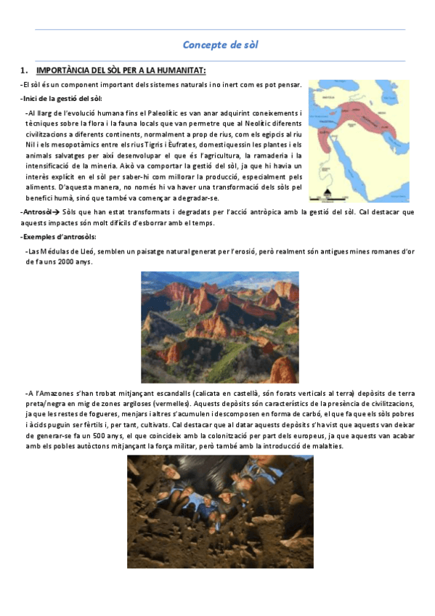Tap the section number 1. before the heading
click(x=24, y=70)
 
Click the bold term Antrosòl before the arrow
click(x=37, y=212)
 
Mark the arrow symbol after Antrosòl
click(x=57, y=212)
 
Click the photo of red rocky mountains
click(x=219, y=317)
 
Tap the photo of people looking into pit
click(x=220, y=511)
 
